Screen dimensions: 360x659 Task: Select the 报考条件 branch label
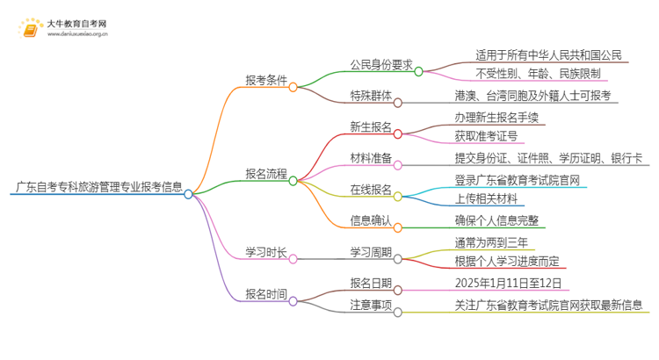coord(266,79)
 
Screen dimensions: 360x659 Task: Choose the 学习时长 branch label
coord(266,252)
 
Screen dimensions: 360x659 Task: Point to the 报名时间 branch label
coord(266,295)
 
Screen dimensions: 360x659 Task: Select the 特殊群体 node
coord(370,96)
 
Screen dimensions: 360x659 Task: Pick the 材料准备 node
coord(370,159)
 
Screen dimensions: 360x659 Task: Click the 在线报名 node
coord(370,190)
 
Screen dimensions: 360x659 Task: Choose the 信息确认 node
coord(370,220)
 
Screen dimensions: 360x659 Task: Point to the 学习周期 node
coord(370,252)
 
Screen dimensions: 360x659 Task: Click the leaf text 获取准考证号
coord(487,135)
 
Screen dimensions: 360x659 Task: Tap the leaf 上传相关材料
coord(487,198)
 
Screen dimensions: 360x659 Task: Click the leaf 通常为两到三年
coord(493,243)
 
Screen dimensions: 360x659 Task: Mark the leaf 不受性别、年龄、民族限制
coord(537,73)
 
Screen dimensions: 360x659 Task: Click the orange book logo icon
coord(28,29)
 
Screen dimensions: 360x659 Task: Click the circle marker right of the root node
coord(188,194)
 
